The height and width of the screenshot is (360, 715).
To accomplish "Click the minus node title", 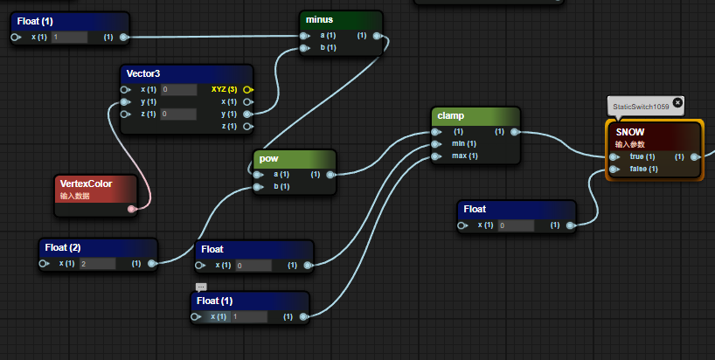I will (x=320, y=19).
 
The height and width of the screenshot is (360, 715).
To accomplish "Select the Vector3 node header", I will (x=144, y=73).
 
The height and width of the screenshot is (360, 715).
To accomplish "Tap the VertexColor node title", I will (x=87, y=183).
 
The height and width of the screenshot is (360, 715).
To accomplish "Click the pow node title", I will (x=269, y=159).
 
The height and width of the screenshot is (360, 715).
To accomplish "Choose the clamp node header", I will (x=451, y=115).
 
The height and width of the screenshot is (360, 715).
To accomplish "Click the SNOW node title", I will (x=631, y=132).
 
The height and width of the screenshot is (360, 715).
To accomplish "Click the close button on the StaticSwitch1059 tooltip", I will (x=677, y=101).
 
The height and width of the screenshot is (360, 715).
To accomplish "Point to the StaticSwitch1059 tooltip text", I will (x=641, y=107).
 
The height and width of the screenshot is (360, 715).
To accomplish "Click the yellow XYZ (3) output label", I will (x=224, y=89).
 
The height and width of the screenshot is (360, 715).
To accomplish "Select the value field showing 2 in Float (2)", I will (x=97, y=263).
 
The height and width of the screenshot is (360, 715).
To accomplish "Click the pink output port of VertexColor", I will (x=132, y=209).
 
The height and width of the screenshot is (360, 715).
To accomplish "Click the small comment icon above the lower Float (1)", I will (x=201, y=287).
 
